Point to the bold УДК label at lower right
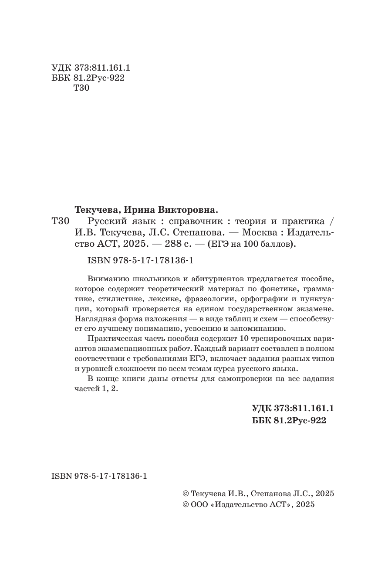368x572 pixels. [262, 409]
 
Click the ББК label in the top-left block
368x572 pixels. [59, 78]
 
